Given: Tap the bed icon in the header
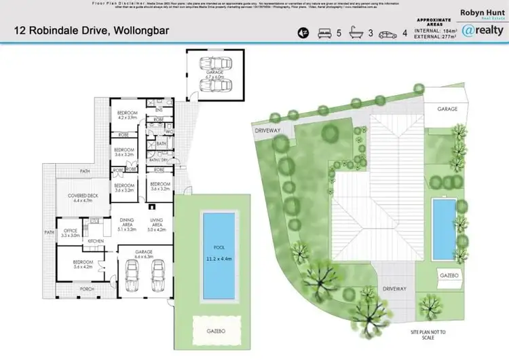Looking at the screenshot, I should [x=324, y=32].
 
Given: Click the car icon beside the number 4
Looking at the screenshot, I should [x=389, y=32].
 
